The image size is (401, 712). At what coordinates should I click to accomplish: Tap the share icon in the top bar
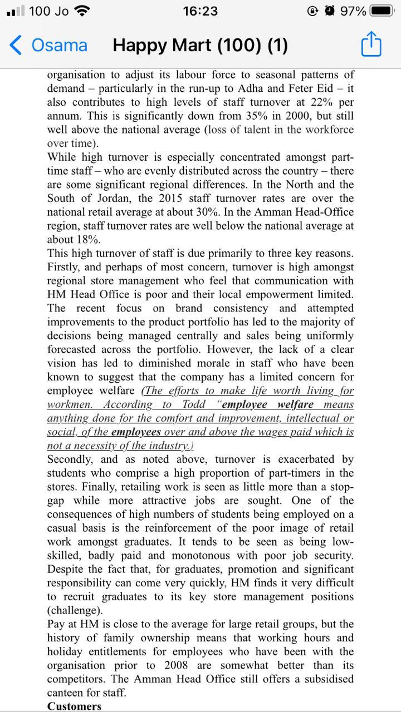[371, 44]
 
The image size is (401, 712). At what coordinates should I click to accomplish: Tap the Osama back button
[49, 45]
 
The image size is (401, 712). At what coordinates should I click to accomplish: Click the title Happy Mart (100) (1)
[200, 45]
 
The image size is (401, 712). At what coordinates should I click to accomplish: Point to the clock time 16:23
[200, 11]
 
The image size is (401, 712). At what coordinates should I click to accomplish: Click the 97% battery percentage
[353, 11]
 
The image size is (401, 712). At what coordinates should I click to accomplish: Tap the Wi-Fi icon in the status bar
[82, 11]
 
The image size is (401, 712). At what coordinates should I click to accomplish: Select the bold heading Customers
[75, 706]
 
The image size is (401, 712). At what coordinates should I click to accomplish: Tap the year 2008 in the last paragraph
[176, 665]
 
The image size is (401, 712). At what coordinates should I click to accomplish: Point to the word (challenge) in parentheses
[75, 610]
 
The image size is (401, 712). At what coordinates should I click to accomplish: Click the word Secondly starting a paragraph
[70, 459]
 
